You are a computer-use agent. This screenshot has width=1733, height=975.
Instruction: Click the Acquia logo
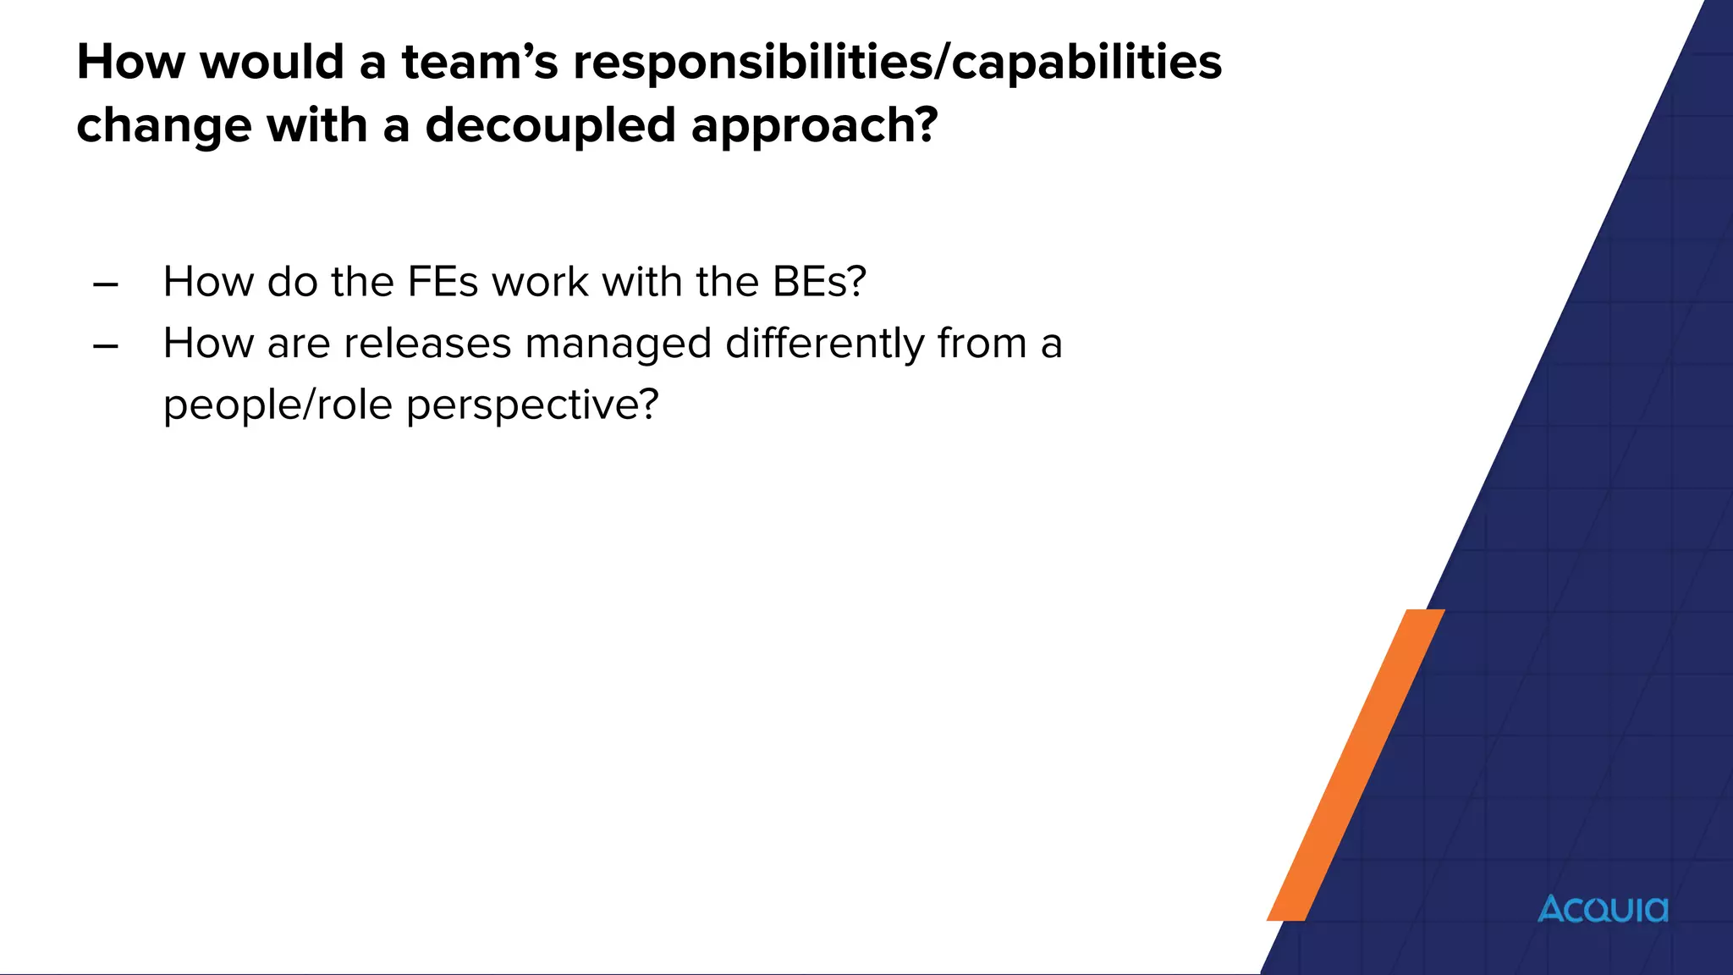(x=1602, y=909)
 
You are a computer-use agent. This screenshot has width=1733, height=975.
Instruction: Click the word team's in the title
(x=479, y=63)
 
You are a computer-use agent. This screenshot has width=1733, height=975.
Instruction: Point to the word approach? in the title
(x=814, y=125)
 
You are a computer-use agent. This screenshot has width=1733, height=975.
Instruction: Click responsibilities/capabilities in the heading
(x=897, y=63)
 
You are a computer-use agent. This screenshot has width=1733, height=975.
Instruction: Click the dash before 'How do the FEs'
(x=106, y=284)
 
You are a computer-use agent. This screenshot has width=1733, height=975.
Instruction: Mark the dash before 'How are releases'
(x=106, y=346)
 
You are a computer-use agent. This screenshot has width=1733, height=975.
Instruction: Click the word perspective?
(x=531, y=405)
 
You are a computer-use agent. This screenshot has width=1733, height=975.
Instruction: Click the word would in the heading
(x=272, y=63)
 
